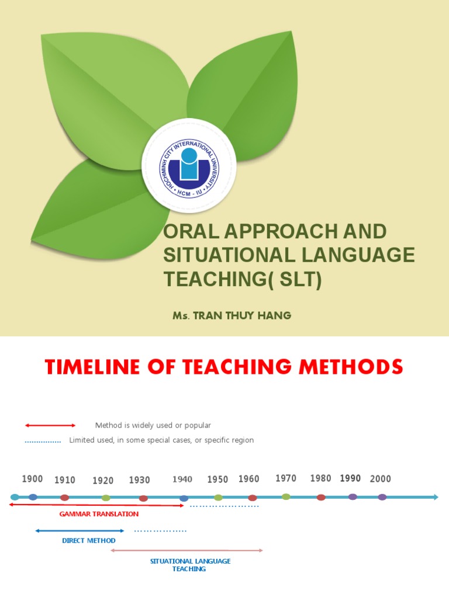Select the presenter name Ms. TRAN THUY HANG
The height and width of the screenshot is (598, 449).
[232, 316]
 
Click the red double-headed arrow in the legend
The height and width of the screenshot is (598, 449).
[50, 425]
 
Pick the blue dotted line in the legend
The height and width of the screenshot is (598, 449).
[43, 442]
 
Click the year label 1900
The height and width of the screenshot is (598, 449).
[33, 479]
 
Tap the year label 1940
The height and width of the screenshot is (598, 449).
[182, 479]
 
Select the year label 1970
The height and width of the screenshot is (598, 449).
[286, 478]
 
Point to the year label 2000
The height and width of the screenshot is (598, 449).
[381, 479]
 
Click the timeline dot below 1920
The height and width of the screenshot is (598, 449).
[106, 498]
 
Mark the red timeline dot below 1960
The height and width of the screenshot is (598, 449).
[253, 498]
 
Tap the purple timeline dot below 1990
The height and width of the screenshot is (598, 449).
[353, 497]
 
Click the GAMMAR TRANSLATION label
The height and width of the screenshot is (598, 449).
[99, 514]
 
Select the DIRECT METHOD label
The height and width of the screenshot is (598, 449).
[89, 541]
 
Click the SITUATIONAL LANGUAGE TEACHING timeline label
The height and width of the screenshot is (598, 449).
[190, 565]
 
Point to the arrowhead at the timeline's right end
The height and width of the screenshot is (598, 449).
[434, 497]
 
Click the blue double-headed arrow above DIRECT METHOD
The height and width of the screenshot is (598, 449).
[80, 531]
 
